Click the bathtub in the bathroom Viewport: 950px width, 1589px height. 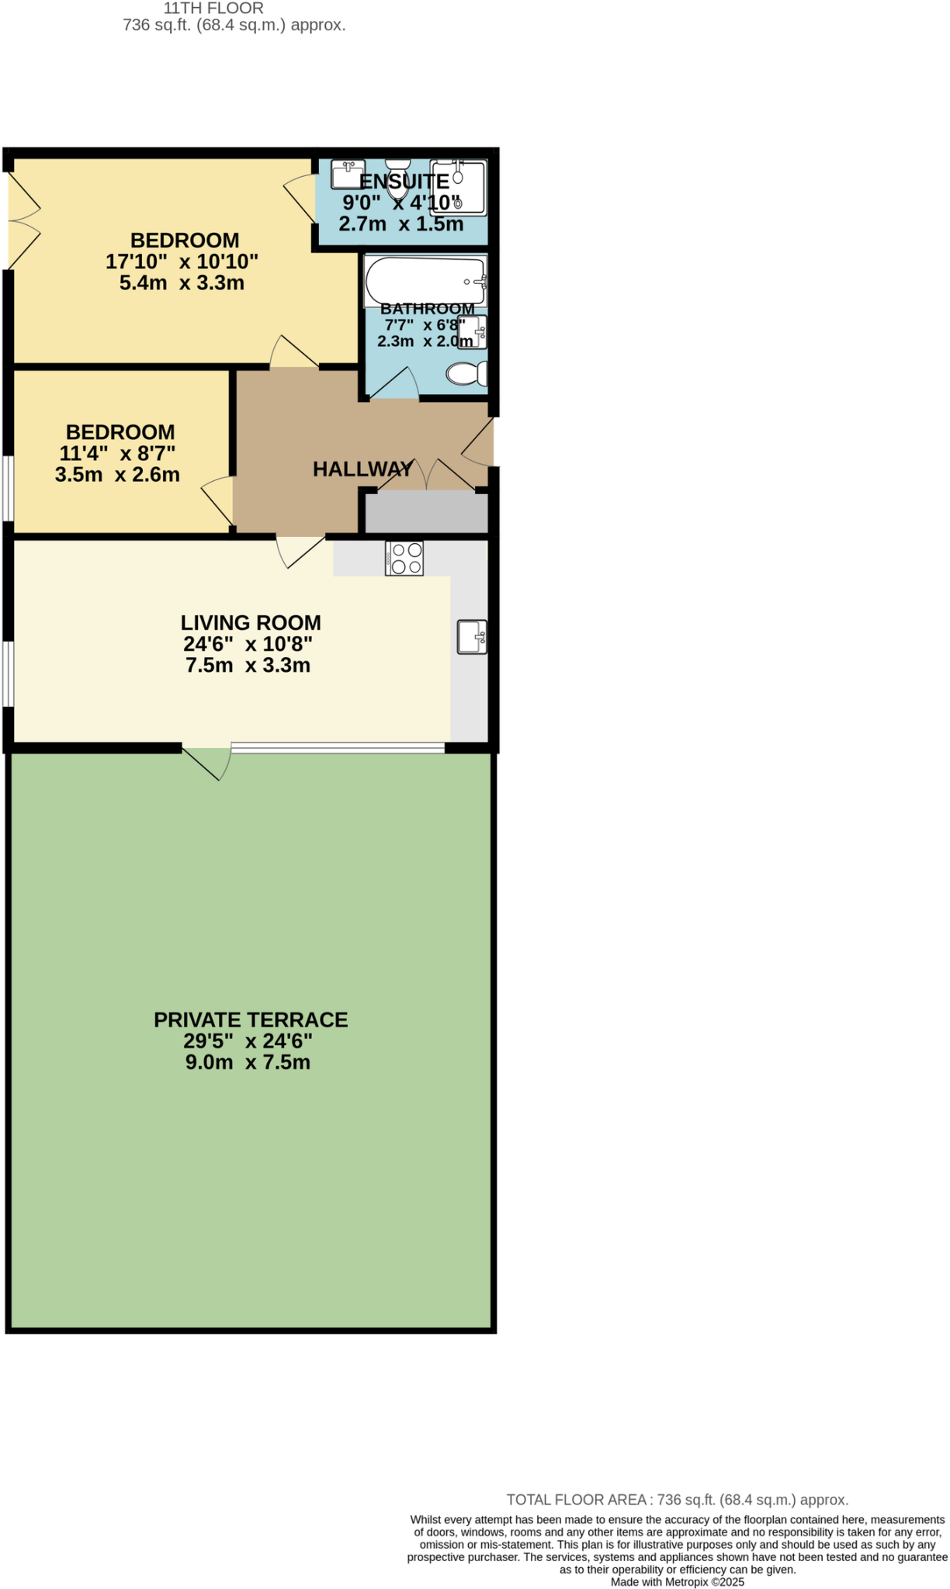point(425,281)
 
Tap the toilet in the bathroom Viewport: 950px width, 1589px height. point(467,374)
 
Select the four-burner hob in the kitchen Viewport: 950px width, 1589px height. point(404,558)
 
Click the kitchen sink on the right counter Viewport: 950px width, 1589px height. point(472,637)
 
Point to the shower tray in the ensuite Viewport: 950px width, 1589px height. point(459,187)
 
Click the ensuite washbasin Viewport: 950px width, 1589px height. point(347,174)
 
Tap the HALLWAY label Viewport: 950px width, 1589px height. point(362,469)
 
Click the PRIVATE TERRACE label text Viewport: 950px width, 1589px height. point(251,1020)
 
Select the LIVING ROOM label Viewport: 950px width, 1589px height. point(251,622)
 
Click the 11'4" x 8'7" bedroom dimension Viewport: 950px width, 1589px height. point(117,453)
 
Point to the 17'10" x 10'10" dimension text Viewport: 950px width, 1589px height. point(182,261)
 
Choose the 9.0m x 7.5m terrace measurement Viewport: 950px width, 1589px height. point(248,1062)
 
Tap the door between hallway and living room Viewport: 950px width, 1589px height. point(300,549)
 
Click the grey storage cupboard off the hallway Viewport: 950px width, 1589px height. point(426,512)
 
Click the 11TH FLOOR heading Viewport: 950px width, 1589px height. point(213,9)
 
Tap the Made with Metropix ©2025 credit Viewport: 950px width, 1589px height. point(677,1582)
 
